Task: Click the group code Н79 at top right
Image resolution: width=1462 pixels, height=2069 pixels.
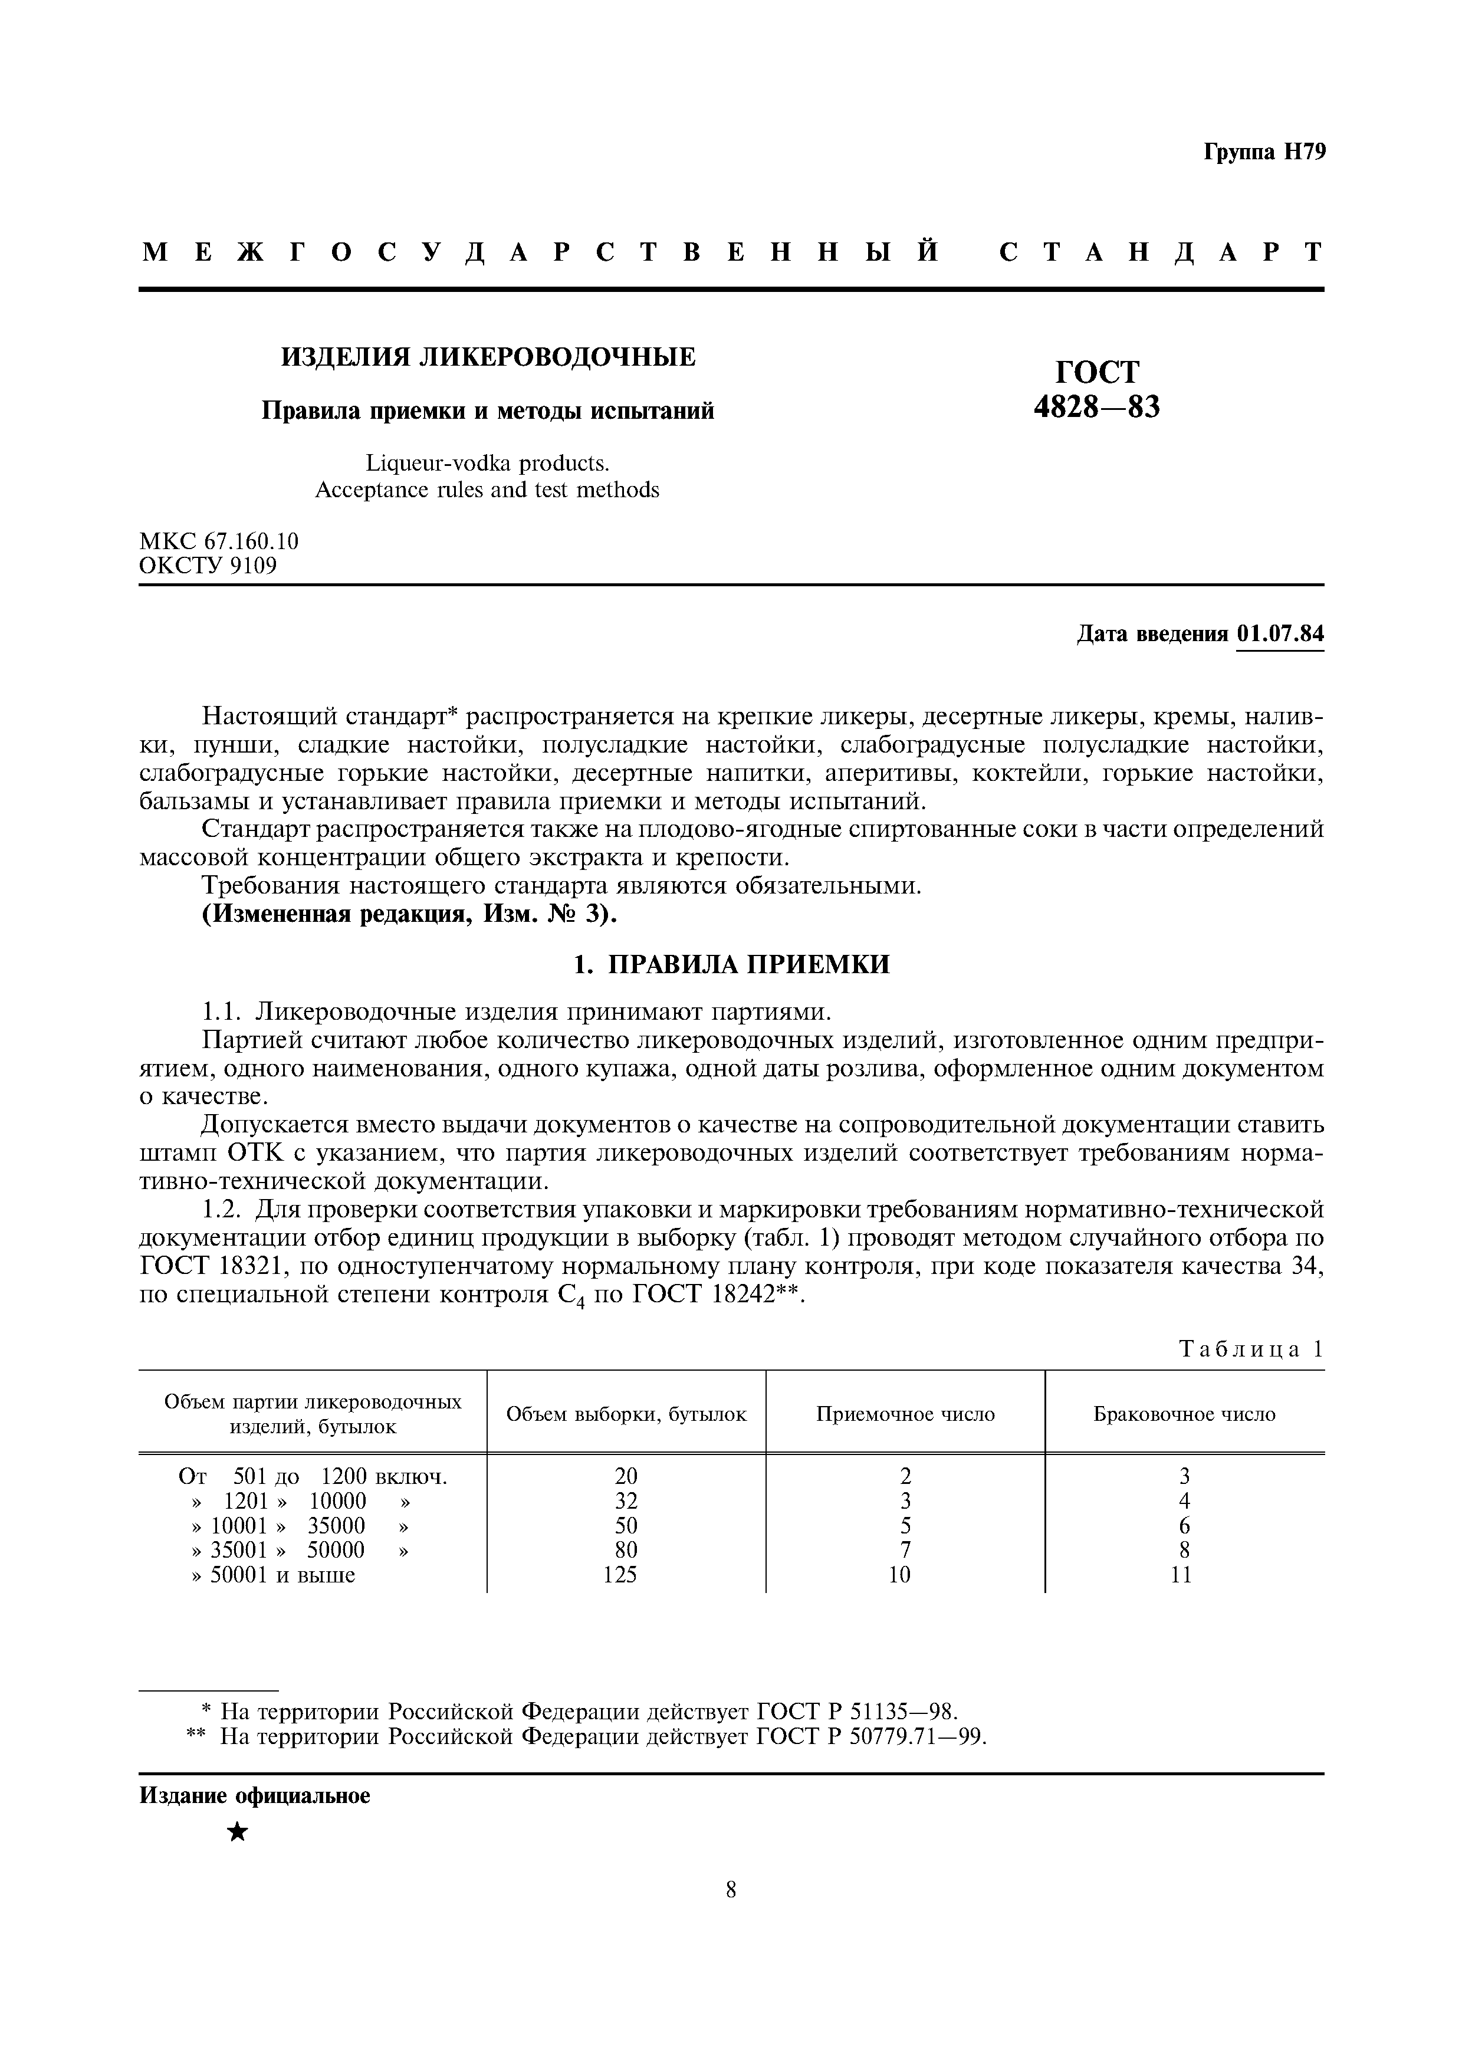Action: tap(1303, 152)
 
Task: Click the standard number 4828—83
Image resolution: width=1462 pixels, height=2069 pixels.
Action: tap(1096, 408)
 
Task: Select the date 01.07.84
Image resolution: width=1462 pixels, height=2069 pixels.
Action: tap(1280, 633)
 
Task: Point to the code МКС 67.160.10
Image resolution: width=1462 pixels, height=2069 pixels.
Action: tap(218, 541)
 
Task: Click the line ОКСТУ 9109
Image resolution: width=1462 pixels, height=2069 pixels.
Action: tap(208, 565)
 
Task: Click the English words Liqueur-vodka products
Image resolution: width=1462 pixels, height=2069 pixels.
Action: tap(487, 462)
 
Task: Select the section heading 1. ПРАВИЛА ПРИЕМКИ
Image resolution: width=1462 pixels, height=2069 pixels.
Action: tap(731, 964)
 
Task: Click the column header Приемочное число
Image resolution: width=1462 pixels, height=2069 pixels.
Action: tap(905, 1414)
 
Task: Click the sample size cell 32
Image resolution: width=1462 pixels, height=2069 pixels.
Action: tap(625, 1500)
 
